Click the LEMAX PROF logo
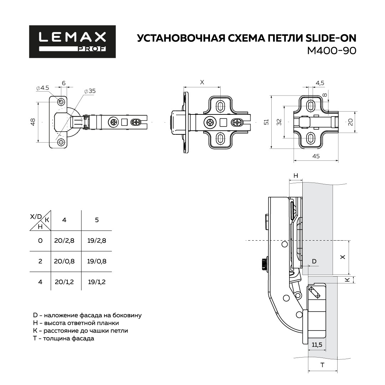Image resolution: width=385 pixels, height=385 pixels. (x=72, y=41)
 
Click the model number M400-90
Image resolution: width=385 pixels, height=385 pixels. (x=332, y=51)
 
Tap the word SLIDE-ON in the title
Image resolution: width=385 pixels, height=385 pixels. (x=331, y=38)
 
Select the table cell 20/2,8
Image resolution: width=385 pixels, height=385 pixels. (x=64, y=240)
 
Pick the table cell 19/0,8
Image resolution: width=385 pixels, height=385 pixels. (x=97, y=261)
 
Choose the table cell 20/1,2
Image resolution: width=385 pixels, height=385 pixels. (x=64, y=282)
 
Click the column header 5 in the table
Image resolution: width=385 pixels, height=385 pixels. (x=97, y=220)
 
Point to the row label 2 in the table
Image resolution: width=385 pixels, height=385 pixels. (x=40, y=261)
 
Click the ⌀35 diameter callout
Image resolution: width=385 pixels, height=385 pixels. (x=89, y=91)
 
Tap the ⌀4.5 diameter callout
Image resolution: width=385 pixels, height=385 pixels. (x=42, y=88)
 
